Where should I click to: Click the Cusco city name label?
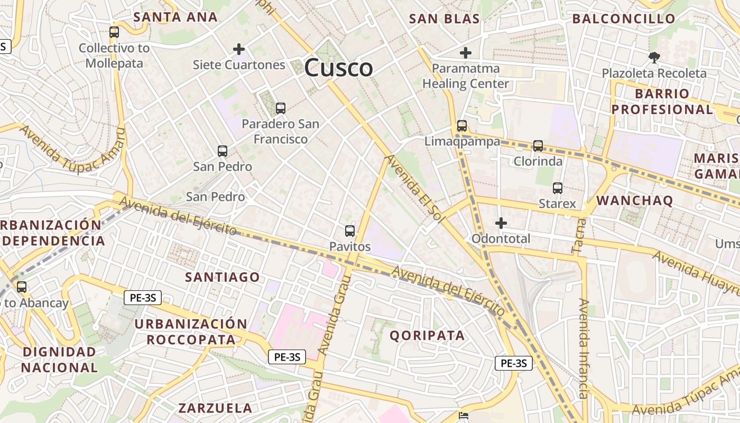click(x=338, y=68)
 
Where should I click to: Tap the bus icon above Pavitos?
click(x=349, y=231)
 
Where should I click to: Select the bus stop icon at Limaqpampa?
click(x=462, y=126)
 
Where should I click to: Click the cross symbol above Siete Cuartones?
click(x=239, y=49)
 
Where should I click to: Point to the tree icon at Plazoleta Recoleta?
click(x=654, y=57)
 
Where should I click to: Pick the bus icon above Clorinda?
click(x=538, y=145)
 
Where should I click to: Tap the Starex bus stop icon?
click(x=557, y=188)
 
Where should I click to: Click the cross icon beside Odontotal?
click(x=501, y=223)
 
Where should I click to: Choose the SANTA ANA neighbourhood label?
click(x=175, y=17)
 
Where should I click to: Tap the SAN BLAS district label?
click(x=445, y=19)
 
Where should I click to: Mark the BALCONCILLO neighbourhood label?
click(x=624, y=19)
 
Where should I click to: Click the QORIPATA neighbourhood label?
click(x=427, y=335)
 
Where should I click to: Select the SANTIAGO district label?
click(x=223, y=277)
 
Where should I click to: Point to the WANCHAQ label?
click(x=635, y=200)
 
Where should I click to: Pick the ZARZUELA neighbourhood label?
click(x=215, y=408)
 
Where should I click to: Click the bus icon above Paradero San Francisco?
click(x=281, y=108)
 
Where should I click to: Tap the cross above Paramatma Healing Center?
click(x=466, y=53)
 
